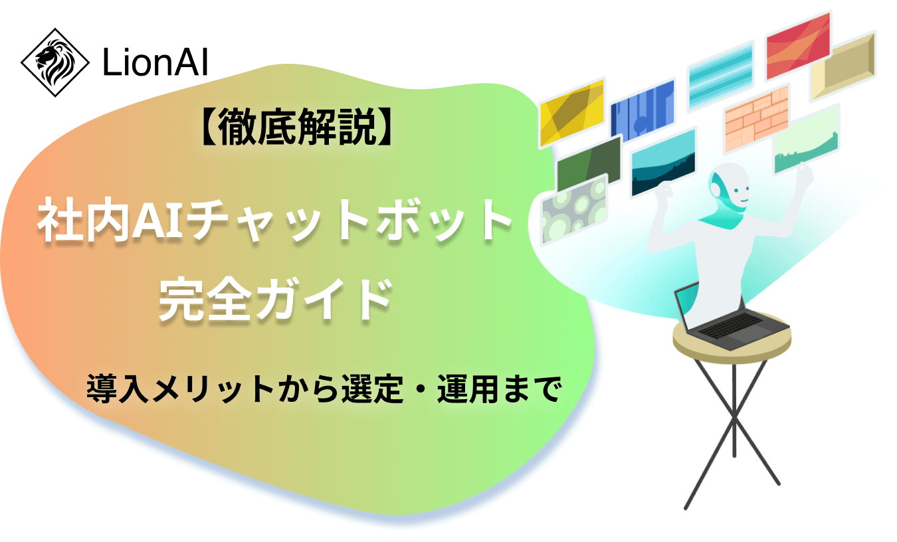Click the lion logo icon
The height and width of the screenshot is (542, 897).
tap(56, 62)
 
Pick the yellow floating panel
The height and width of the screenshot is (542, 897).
tap(571, 113)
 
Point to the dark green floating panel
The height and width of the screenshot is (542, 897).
tap(588, 161)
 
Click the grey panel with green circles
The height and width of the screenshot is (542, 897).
tap(573, 209)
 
